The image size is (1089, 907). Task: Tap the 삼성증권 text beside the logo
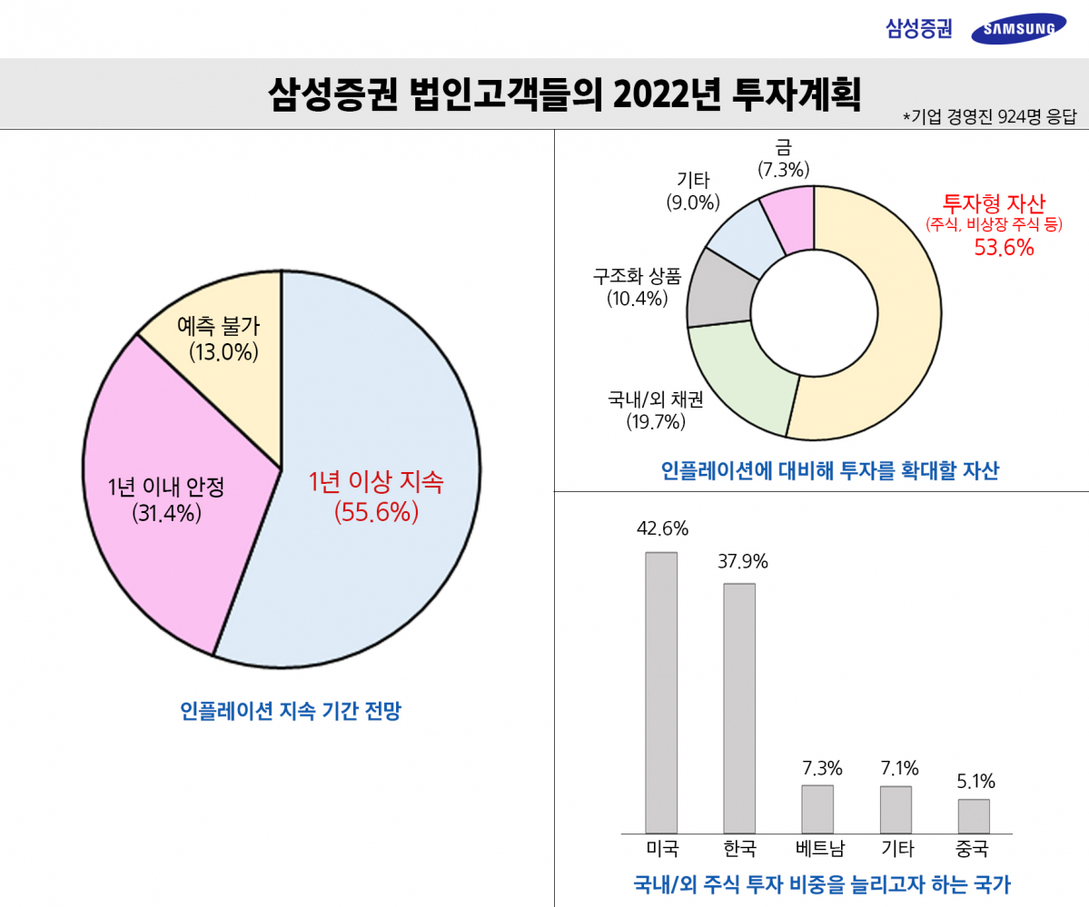(919, 29)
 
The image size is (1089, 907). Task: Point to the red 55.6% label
(376, 513)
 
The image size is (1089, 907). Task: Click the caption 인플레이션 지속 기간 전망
(290, 711)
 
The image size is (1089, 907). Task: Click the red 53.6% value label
(1004, 248)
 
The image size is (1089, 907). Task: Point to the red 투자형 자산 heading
(994, 202)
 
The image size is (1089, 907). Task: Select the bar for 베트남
(817, 809)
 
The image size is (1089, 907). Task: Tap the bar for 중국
(974, 815)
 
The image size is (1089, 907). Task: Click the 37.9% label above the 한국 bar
(742, 562)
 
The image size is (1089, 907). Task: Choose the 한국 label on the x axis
(739, 850)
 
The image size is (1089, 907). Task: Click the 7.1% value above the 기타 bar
(899, 769)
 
